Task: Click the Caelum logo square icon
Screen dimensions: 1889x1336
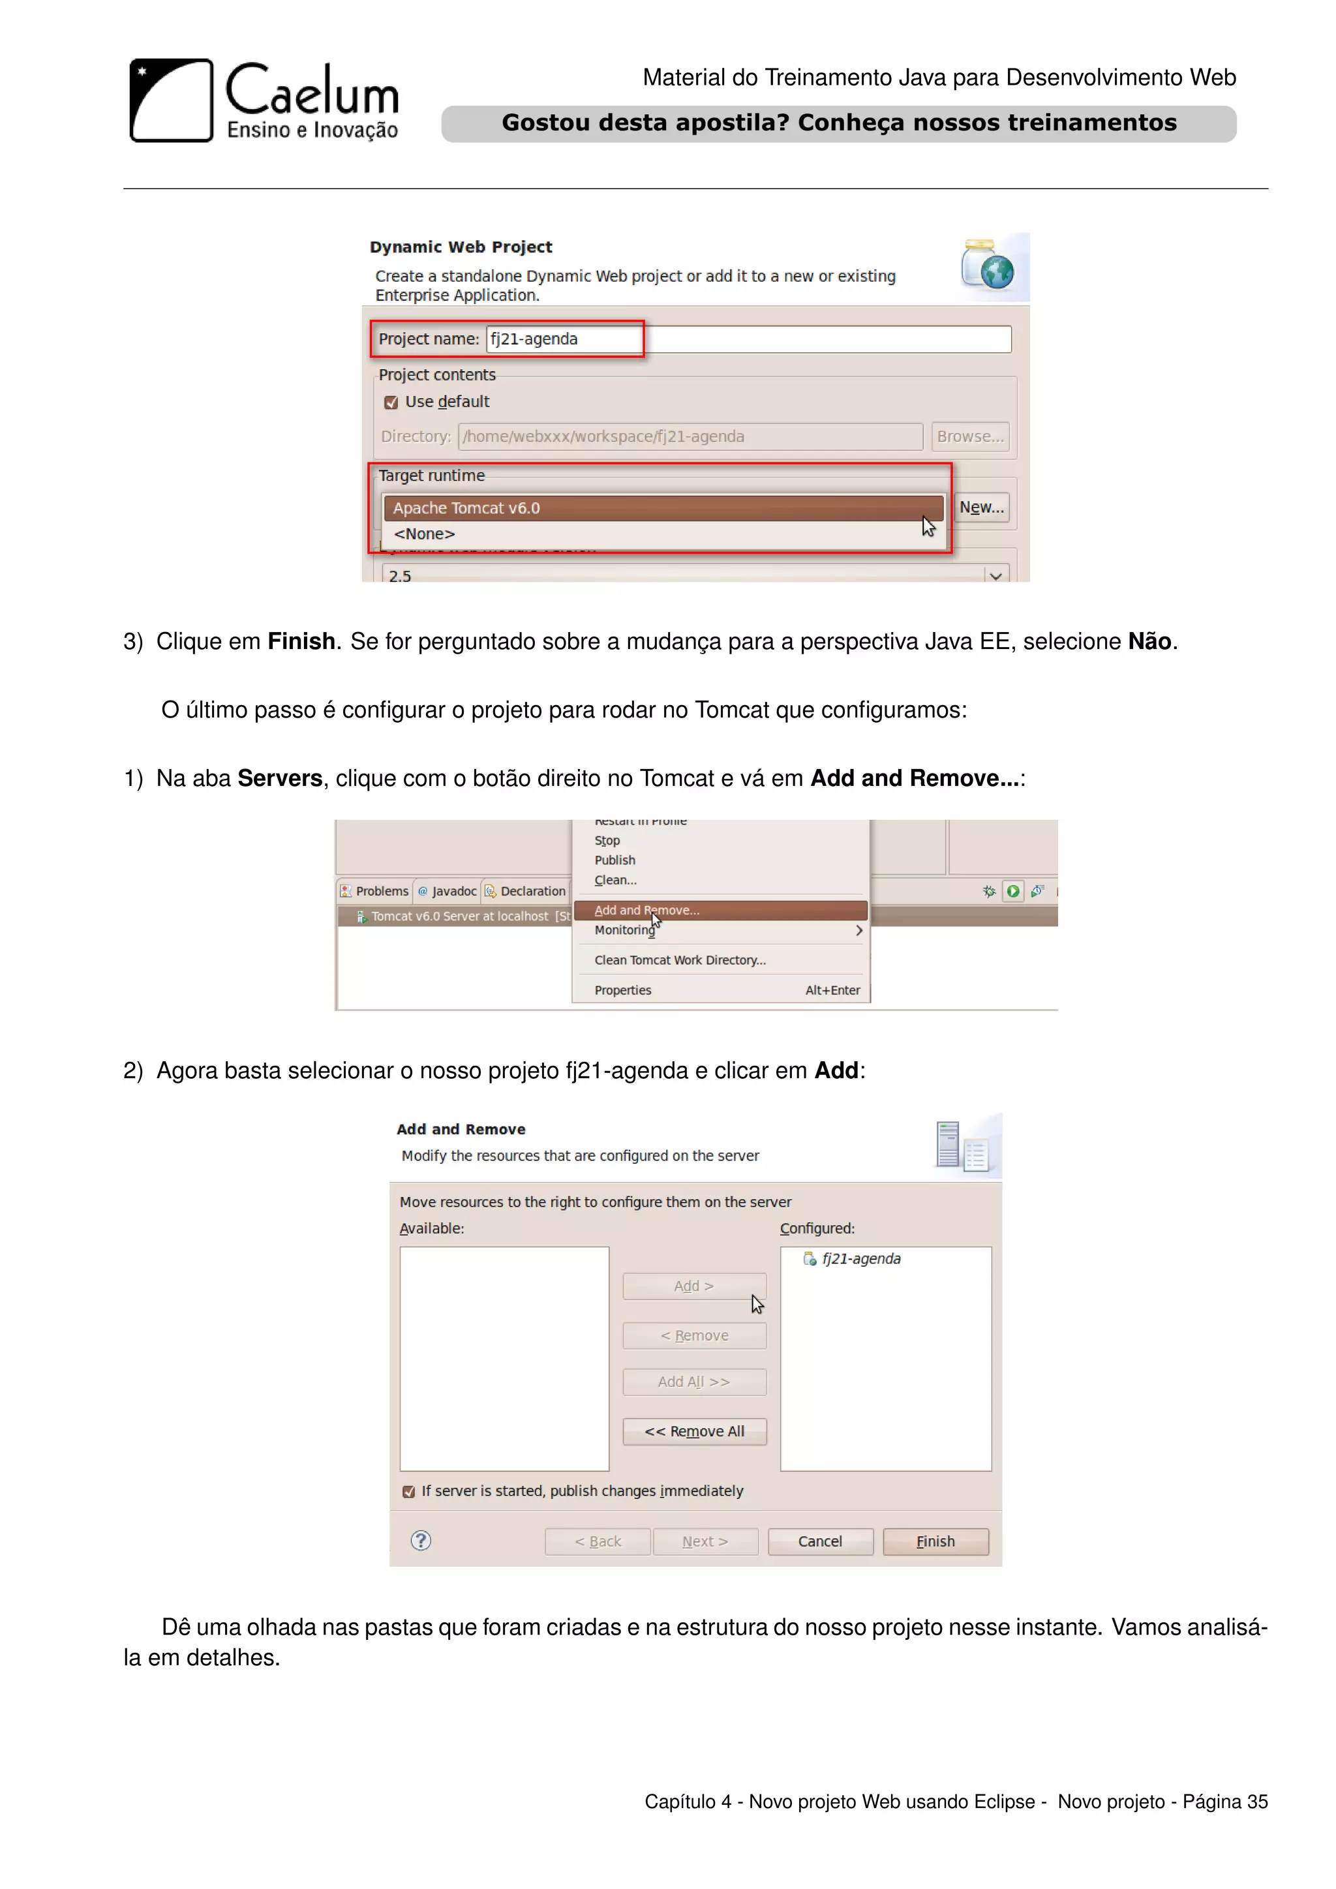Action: click(x=171, y=100)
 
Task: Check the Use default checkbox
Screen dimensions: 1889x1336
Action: click(x=391, y=402)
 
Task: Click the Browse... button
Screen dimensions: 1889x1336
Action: click(x=970, y=437)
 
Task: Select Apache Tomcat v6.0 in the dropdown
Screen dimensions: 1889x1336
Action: click(x=662, y=508)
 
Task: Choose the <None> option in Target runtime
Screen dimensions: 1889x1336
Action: click(x=425, y=534)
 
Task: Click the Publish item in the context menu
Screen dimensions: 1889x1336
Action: click(x=615, y=860)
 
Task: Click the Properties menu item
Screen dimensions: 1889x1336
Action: click(x=623, y=990)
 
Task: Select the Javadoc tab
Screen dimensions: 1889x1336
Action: click(x=448, y=891)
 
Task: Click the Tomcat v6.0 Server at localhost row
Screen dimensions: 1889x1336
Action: click(x=459, y=916)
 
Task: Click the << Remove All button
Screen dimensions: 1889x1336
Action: click(x=694, y=1432)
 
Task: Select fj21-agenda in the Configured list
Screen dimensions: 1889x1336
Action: click(x=860, y=1259)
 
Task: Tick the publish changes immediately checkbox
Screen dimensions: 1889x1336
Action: click(x=409, y=1492)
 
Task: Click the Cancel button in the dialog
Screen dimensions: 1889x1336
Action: click(x=819, y=1541)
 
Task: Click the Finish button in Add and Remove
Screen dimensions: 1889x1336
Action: click(x=935, y=1541)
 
